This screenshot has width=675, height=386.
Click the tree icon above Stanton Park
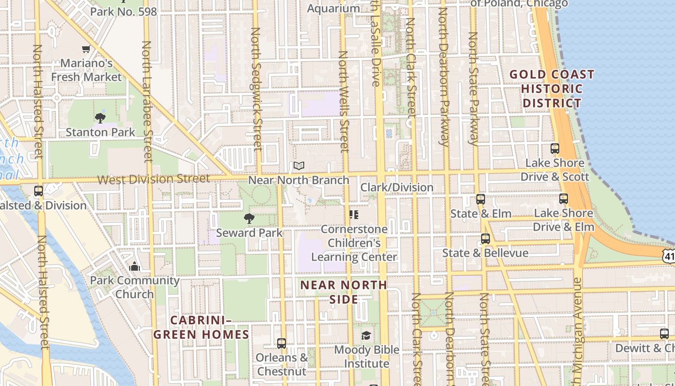(100, 118)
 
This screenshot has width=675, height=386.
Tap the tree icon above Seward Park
(249, 219)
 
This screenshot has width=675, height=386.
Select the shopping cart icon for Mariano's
(86, 49)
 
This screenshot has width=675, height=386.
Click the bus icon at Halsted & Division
(39, 191)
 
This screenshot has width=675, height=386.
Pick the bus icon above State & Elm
(480, 199)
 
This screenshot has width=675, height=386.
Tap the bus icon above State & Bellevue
(485, 238)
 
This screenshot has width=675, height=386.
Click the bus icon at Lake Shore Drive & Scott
(555, 149)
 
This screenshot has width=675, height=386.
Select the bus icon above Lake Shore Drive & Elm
(563, 198)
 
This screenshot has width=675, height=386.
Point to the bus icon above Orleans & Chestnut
(282, 344)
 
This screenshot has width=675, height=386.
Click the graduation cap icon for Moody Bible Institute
(366, 335)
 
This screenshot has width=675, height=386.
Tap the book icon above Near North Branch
(299, 166)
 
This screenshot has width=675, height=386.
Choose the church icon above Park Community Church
(135, 266)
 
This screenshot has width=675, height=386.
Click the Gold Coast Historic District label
(552, 89)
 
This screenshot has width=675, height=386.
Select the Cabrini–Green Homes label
(201, 327)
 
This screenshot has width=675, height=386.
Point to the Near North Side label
(344, 292)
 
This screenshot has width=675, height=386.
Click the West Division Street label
(154, 179)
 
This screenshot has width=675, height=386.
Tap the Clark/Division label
(397, 187)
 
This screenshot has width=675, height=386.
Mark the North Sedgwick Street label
(256, 89)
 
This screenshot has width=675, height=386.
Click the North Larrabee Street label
(147, 101)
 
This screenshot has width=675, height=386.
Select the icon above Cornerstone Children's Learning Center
(354, 214)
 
